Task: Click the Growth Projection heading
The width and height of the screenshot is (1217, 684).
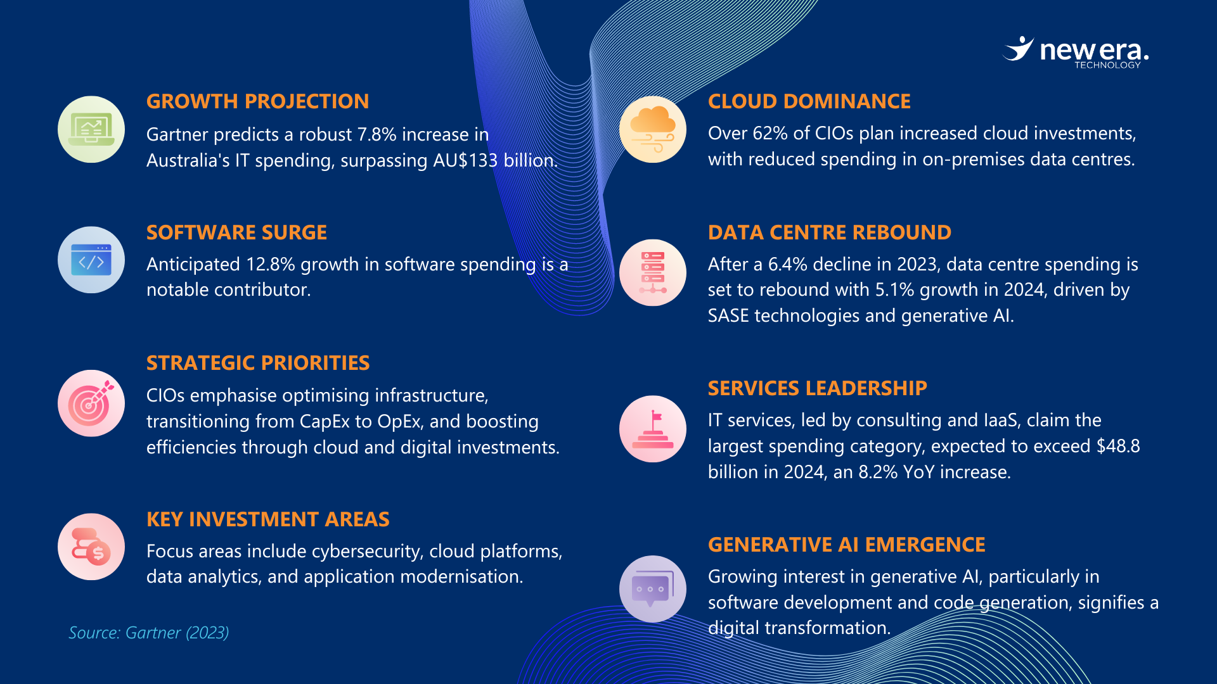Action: [x=257, y=101]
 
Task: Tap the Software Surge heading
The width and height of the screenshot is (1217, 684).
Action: [x=236, y=232]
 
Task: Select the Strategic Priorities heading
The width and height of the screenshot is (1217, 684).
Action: [x=258, y=363]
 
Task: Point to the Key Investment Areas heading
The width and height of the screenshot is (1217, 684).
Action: [x=268, y=519]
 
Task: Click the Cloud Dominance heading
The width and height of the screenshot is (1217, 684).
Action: [x=809, y=101]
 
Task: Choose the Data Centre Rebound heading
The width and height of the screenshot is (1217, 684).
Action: [x=830, y=232]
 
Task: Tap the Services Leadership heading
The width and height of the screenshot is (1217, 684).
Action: [x=818, y=388]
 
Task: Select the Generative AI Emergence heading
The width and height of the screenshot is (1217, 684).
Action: [x=847, y=545]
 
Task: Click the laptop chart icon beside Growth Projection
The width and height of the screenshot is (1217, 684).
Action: [x=91, y=129]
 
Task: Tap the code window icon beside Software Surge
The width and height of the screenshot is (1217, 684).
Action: [x=91, y=260]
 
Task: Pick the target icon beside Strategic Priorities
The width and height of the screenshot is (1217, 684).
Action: [x=91, y=403]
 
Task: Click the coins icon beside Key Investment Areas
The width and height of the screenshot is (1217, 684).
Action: [x=91, y=547]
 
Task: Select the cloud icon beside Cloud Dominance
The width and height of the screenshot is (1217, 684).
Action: [x=653, y=129]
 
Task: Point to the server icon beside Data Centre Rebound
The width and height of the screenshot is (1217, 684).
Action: [x=653, y=272]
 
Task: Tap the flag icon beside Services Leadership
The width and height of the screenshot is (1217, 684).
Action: [x=653, y=429]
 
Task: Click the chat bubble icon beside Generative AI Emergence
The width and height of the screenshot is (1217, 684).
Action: [x=653, y=589]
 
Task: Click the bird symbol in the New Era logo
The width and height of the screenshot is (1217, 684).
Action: [x=1018, y=49]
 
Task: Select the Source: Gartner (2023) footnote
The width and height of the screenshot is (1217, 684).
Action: [x=149, y=633]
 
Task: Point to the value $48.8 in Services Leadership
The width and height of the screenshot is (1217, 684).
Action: [x=1118, y=446]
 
